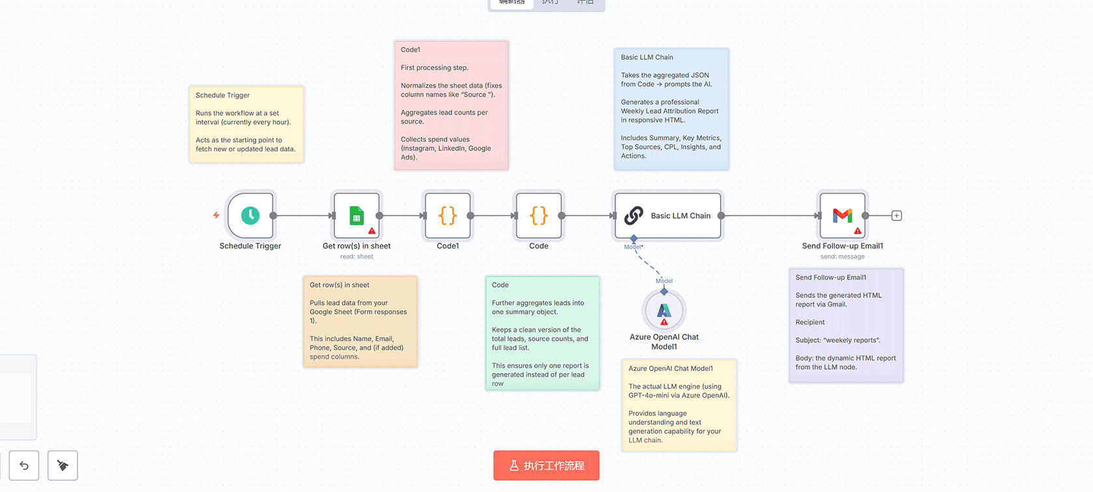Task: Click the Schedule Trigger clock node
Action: (x=250, y=215)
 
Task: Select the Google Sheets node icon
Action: (x=357, y=215)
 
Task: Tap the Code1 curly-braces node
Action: (x=448, y=215)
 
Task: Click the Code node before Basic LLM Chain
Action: (x=539, y=215)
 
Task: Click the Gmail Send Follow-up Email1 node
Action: (x=843, y=215)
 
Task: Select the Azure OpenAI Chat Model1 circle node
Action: (x=664, y=311)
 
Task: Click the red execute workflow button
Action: (x=546, y=465)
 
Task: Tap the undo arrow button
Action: (x=24, y=465)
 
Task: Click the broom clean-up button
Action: (x=62, y=465)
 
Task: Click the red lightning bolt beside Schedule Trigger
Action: (x=216, y=215)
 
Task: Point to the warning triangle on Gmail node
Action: (x=857, y=231)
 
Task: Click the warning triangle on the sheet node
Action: (x=371, y=231)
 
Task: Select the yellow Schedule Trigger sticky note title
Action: (x=223, y=95)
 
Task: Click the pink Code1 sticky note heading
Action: (x=411, y=49)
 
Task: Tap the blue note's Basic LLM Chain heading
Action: (x=647, y=57)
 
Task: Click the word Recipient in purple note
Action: (x=810, y=322)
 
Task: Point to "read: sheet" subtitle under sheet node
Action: (x=357, y=256)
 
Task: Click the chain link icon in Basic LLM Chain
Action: (x=634, y=215)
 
